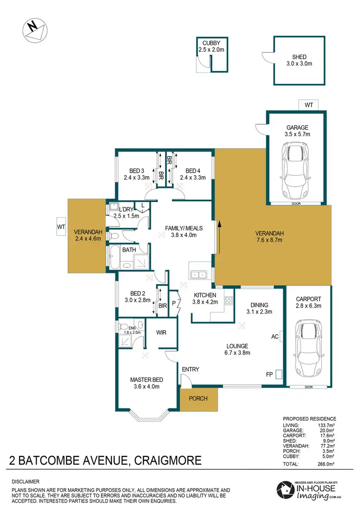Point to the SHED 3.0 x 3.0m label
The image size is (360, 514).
pos(296,60)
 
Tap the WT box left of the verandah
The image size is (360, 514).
pos(61,227)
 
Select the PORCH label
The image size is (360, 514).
pos(199,398)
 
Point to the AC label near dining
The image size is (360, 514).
pos(275,336)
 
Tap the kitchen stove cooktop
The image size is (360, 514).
pos(229,301)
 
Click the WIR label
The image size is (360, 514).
pos(160,332)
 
